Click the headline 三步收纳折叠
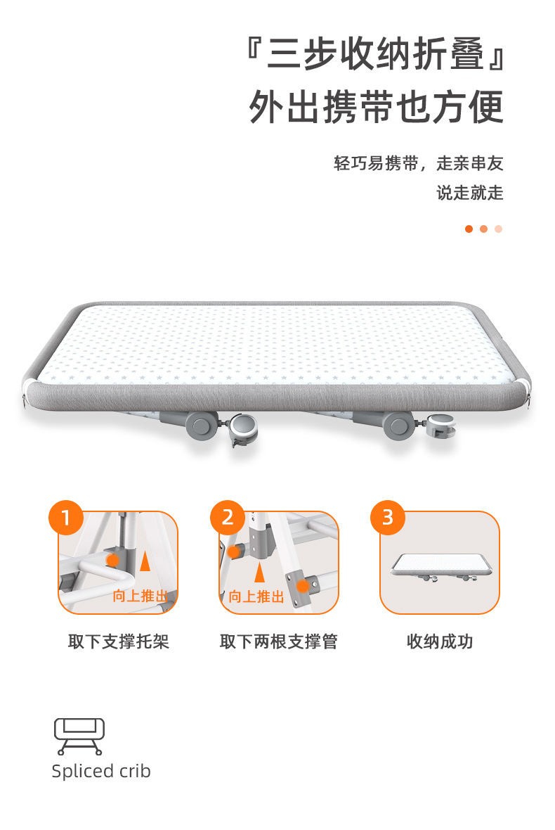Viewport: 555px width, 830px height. coord(375,54)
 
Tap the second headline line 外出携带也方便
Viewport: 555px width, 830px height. coord(376,107)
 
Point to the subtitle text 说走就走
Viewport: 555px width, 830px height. coord(469,193)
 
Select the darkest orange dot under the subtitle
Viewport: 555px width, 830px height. coord(469,229)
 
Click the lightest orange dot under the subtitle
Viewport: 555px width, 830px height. coord(498,229)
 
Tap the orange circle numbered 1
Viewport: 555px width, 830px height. coord(66,517)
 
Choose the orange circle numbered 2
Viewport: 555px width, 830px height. coord(228,517)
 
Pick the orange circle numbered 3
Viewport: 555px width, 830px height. coord(388,517)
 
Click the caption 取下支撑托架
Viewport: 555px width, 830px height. coord(119,641)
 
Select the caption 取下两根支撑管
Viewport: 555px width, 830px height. coord(279,641)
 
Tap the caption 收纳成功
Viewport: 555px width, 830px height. coord(440,641)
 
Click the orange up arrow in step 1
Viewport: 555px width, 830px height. coord(145,561)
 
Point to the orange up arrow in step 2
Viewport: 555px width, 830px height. coord(259,573)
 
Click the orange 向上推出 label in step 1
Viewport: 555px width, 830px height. coord(140,596)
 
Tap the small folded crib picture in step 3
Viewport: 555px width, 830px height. coord(440,568)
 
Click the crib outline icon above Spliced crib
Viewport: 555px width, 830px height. coord(79,736)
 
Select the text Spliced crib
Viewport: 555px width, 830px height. coord(101,772)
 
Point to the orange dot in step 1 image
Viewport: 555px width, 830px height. coord(112,560)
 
